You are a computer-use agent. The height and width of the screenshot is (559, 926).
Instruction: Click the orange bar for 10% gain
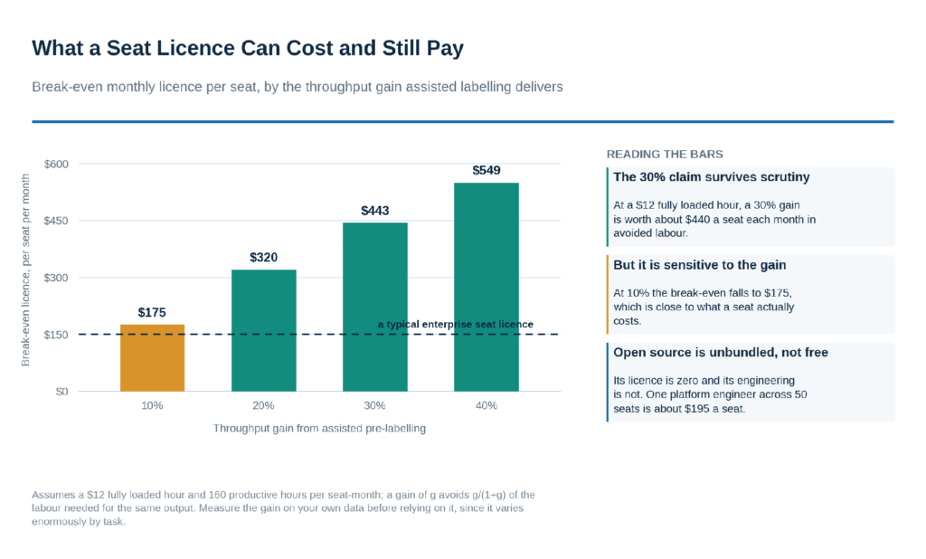pyautogui.click(x=152, y=357)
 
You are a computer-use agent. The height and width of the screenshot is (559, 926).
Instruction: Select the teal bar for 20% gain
pyautogui.click(x=263, y=330)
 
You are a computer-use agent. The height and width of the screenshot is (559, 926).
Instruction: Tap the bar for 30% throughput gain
pyautogui.click(x=375, y=307)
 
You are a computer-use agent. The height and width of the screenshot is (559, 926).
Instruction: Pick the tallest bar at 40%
pyautogui.click(x=486, y=287)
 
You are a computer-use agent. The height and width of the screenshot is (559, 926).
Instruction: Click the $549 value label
pyautogui.click(x=486, y=171)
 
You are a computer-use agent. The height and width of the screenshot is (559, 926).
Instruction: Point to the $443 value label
pyautogui.click(x=375, y=211)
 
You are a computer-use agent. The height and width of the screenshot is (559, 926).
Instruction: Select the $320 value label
pyautogui.click(x=263, y=258)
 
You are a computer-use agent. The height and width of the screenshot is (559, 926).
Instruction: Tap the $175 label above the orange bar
pyautogui.click(x=152, y=313)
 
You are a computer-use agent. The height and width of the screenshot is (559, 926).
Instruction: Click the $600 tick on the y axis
pyautogui.click(x=56, y=165)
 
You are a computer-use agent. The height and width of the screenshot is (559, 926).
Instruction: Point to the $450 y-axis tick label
pyautogui.click(x=56, y=221)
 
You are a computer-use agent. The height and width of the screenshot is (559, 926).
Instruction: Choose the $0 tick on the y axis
pyautogui.click(x=62, y=392)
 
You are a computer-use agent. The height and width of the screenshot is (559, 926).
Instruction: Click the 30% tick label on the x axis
pyautogui.click(x=375, y=405)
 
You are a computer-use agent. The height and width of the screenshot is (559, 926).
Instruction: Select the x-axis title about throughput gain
pyautogui.click(x=319, y=429)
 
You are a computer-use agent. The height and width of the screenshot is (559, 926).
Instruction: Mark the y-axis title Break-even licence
pyautogui.click(x=25, y=270)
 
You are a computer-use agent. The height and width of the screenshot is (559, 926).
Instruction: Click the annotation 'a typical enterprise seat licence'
pyautogui.click(x=456, y=325)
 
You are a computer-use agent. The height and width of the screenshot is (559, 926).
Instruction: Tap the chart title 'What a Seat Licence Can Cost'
pyautogui.click(x=248, y=48)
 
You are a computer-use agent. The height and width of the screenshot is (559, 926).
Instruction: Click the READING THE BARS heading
pyautogui.click(x=665, y=155)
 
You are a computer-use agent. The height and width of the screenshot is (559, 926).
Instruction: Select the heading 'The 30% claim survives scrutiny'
pyautogui.click(x=711, y=177)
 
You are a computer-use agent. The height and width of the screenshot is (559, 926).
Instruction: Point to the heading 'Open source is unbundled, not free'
pyautogui.click(x=721, y=353)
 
